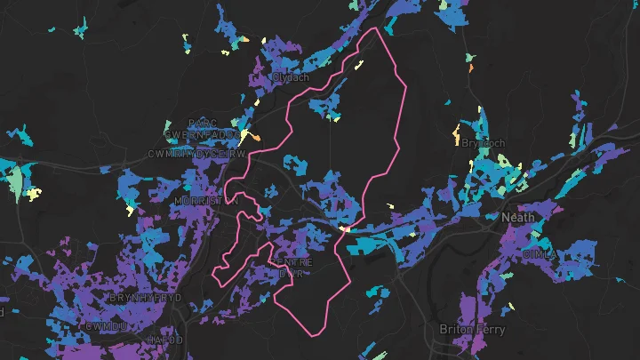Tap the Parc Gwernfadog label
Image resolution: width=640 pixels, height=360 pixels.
click(202, 128)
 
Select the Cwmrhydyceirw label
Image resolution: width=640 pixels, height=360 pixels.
click(196, 154)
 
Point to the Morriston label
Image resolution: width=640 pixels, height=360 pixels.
click(206, 201)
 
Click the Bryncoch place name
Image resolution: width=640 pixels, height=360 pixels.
click(484, 143)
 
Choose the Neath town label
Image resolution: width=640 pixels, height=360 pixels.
click(518, 217)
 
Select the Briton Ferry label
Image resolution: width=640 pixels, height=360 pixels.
click(471, 329)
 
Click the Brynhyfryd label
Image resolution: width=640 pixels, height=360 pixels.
click(146, 296)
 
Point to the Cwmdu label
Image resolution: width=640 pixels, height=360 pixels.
click(108, 326)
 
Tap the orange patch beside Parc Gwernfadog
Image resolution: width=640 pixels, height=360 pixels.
click(254, 137)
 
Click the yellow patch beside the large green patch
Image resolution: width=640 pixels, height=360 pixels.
click(32, 194)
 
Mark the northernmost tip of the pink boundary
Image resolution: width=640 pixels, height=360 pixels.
click(377, 28)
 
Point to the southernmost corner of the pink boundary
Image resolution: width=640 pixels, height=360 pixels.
click(314, 336)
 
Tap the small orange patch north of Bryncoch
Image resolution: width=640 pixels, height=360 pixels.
click(471, 67)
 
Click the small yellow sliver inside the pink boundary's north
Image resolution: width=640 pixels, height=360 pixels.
click(360, 64)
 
